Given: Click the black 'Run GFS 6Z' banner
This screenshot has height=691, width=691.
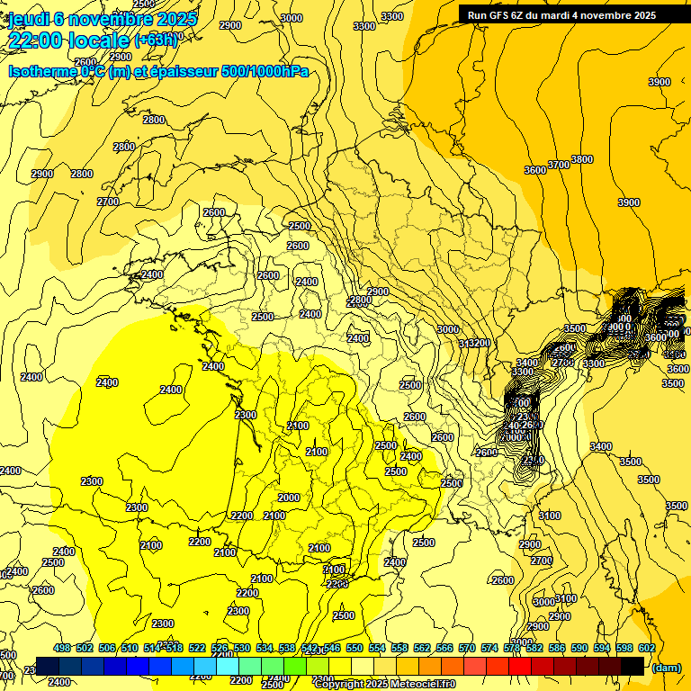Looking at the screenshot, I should [561, 14].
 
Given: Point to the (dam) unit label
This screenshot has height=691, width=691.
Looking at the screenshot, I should [665, 667].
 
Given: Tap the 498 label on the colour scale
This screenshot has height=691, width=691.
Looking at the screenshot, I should [62, 648].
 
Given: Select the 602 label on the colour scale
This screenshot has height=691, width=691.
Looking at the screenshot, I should [646, 648].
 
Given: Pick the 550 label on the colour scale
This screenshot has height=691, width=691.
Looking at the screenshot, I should [354, 648].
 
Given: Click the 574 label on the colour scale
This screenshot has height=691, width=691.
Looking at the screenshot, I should [489, 648].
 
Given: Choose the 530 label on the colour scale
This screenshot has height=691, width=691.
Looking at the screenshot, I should [242, 648].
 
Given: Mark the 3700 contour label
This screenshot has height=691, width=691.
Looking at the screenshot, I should [559, 165].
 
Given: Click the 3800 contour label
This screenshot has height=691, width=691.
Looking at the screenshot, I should [582, 159].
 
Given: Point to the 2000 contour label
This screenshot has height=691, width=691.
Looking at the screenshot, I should [289, 498].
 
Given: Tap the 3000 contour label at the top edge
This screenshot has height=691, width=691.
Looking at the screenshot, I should [292, 18].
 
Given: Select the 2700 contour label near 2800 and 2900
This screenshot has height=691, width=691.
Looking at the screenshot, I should [108, 202].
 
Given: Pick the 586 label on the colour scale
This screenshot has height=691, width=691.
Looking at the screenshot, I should [556, 648].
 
